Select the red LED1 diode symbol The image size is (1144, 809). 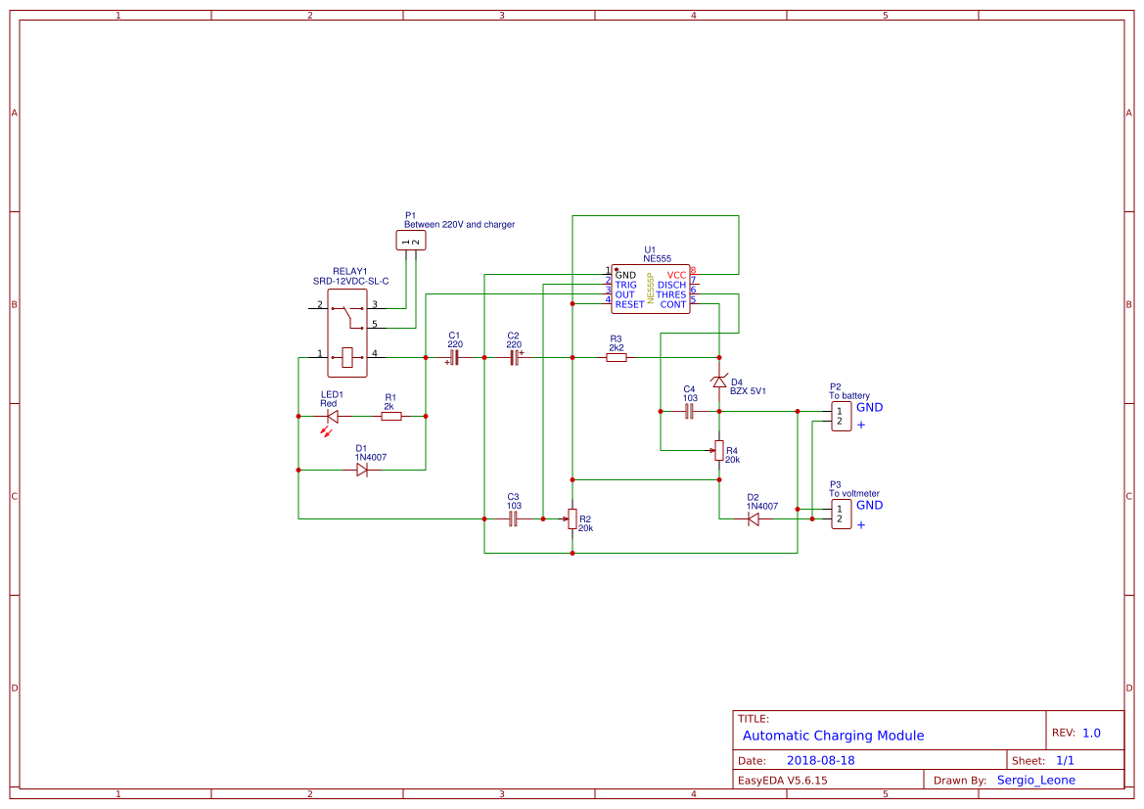click(x=332, y=417)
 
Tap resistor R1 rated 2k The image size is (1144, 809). click(x=390, y=417)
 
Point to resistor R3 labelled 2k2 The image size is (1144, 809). click(x=616, y=358)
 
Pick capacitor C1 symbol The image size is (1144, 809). click(x=454, y=358)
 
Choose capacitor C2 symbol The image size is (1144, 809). click(x=514, y=358)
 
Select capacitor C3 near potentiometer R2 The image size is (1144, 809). click(x=513, y=519)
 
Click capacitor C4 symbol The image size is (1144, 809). click(x=689, y=412)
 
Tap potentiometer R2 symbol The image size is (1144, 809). click(x=572, y=519)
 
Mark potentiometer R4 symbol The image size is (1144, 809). click(x=719, y=450)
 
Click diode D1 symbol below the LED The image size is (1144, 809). click(x=361, y=471)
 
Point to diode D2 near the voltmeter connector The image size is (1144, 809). click(x=753, y=519)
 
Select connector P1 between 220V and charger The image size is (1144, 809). click(x=411, y=241)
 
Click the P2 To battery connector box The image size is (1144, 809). click(x=841, y=416)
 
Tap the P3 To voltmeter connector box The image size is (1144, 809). click(x=841, y=514)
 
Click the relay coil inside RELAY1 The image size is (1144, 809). click(x=347, y=358)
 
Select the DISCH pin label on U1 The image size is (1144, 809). click(x=671, y=285)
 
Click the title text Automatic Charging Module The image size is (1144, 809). click(x=833, y=736)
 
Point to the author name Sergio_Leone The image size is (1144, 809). click(x=1035, y=780)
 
